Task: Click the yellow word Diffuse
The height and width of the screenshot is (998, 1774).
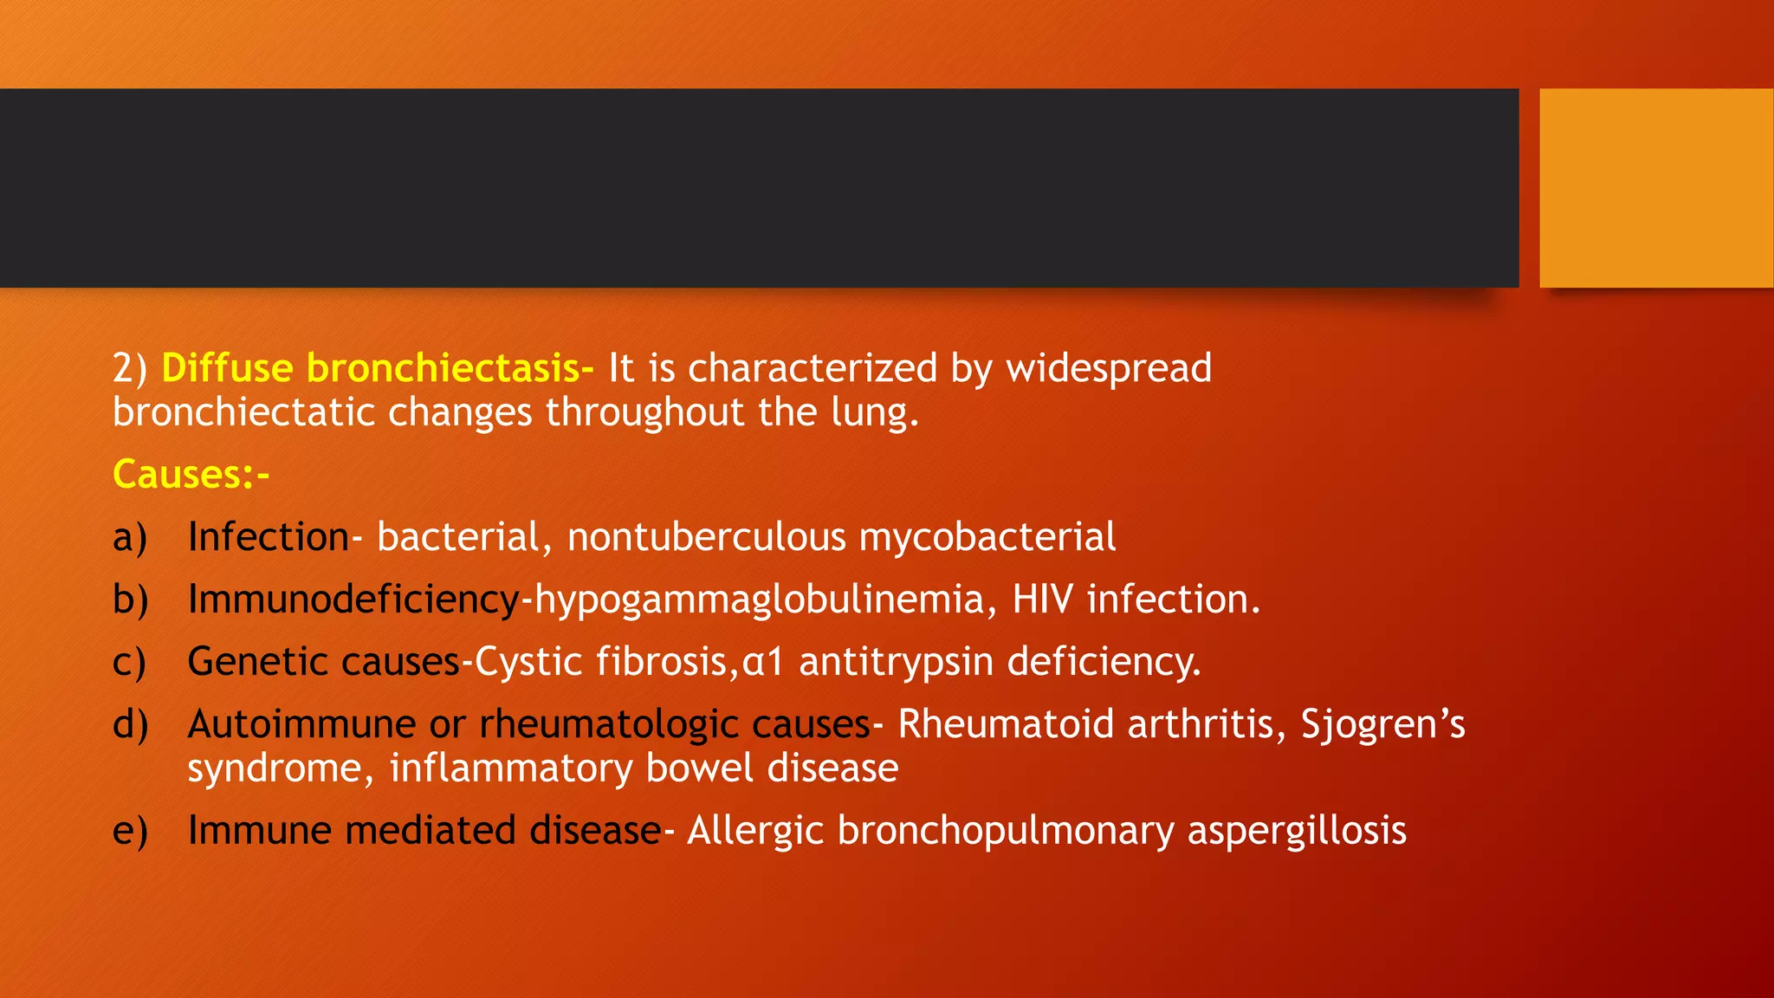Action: coord(227,368)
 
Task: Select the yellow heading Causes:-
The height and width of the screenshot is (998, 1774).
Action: coord(191,475)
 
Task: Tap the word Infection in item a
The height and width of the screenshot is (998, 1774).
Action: coord(268,537)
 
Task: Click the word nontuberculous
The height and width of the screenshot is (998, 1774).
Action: coord(706,537)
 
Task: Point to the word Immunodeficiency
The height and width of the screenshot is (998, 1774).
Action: coord(353,599)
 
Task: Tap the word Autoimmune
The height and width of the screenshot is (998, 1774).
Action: coord(301,724)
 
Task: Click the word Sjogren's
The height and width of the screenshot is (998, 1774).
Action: coord(1382,724)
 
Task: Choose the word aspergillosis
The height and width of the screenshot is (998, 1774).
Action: coord(1297,830)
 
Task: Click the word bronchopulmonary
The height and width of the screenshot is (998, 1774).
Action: coord(1005,830)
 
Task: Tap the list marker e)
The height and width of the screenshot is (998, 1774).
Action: coord(130,830)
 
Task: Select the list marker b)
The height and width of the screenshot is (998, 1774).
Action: coord(130,599)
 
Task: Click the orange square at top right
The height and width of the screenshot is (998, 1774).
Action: coord(1656,187)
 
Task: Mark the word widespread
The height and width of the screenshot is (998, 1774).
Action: coord(1109,368)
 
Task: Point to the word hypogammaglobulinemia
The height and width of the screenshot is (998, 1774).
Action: coord(759,599)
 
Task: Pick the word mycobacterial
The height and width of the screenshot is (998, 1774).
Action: coord(987,537)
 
